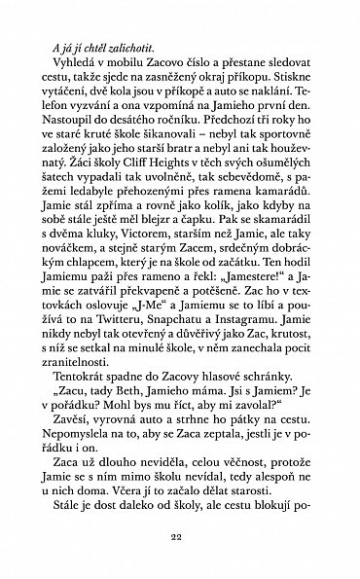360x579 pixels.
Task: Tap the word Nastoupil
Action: pos(84,156)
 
